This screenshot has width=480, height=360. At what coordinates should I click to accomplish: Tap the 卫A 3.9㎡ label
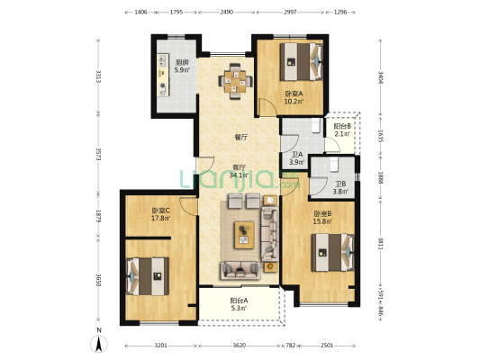[296, 158]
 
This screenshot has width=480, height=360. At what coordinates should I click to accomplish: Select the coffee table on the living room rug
[245, 235]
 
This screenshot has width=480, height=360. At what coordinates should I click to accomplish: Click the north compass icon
[99, 342]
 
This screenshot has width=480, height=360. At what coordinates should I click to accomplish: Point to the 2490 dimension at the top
[226, 13]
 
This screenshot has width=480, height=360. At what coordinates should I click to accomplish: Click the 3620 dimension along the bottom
[239, 345]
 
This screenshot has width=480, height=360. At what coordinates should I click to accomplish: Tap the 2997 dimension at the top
[288, 13]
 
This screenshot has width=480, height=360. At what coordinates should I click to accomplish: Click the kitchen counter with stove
[164, 76]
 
